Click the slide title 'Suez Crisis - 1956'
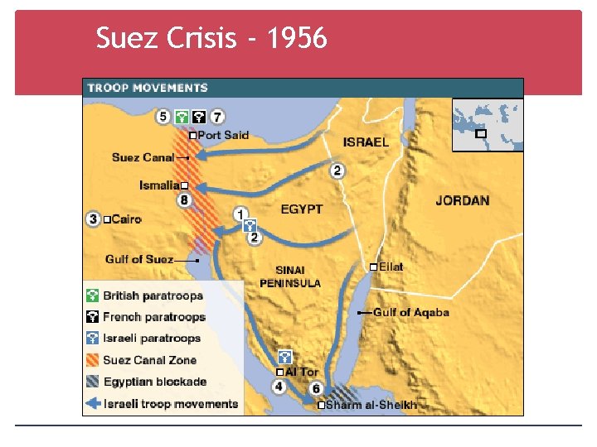tap(211, 38)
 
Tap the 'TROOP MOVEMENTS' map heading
tap(148, 88)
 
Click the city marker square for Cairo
tap(107, 219)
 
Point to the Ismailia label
tap(158, 185)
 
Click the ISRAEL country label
tap(366, 142)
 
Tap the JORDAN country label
tap(462, 200)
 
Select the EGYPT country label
tap(301, 209)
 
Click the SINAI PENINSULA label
tap(290, 276)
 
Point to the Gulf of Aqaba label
tap(410, 312)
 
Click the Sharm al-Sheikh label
tap(371, 405)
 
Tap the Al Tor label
tap(302, 372)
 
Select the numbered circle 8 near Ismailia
tap(184, 200)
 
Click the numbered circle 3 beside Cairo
tap(93, 219)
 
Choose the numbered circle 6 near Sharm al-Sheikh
tap(316, 388)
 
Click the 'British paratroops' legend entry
tap(153, 296)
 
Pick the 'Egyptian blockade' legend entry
tap(154, 382)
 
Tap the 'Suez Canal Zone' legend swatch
tap(92, 360)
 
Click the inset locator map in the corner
tap(487, 125)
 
